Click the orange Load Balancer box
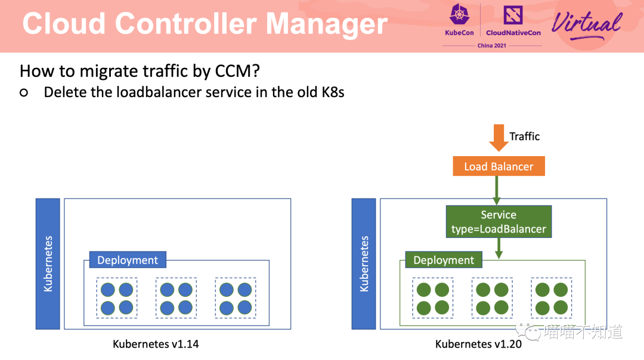[x=499, y=166]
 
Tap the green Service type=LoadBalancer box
[x=499, y=222]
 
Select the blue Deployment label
[x=128, y=260]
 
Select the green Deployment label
[x=444, y=260]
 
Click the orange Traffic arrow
[x=499, y=138]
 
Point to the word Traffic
[x=525, y=136]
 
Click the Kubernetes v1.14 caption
[x=156, y=344]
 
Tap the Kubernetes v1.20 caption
[x=478, y=344]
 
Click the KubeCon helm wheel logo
[x=459, y=15]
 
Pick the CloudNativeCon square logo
[x=513, y=15]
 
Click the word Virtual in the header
[x=587, y=24]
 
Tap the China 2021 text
[x=491, y=45]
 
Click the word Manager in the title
[x=327, y=24]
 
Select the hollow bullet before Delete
[x=24, y=93]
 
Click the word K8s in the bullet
[x=333, y=92]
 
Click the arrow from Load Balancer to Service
[x=497, y=191]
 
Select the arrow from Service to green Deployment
[x=499, y=249]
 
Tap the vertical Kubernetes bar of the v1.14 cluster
[x=48, y=263]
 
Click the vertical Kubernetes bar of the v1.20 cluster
[x=364, y=263]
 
